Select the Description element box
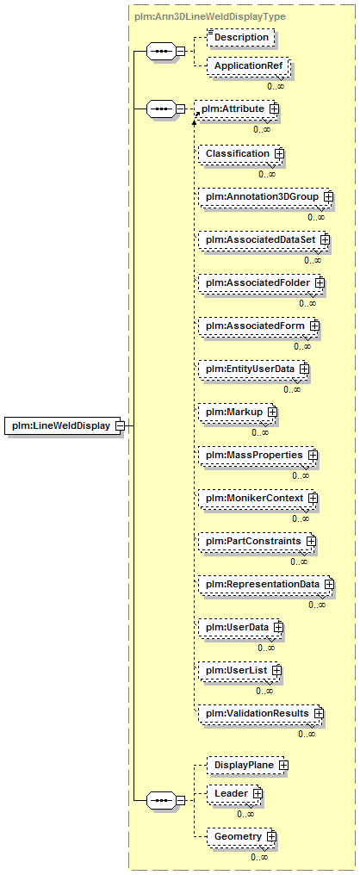241,37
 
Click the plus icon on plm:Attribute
274,109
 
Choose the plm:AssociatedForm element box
259,324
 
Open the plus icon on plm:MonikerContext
313,497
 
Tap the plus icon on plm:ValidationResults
319,713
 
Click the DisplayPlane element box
247,765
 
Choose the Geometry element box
242,836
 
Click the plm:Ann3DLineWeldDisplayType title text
210,16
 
